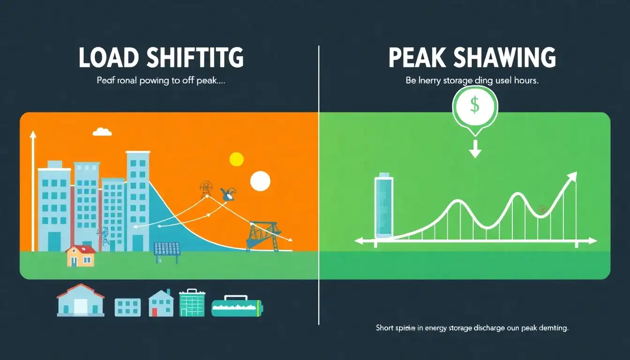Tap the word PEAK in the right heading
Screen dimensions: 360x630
click(417, 58)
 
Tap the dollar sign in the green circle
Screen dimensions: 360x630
click(474, 106)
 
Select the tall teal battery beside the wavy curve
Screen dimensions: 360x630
click(384, 207)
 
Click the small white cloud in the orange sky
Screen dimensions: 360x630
click(102, 132)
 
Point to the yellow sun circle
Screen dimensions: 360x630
click(237, 159)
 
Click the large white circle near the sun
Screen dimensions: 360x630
click(260, 181)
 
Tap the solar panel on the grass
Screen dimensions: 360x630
click(167, 249)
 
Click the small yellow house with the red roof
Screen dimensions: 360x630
click(81, 256)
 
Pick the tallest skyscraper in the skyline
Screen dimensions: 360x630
click(138, 199)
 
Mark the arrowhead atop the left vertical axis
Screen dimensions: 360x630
click(32, 135)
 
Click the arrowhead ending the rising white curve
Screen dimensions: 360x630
click(573, 176)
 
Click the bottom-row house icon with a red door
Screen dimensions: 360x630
click(161, 303)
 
